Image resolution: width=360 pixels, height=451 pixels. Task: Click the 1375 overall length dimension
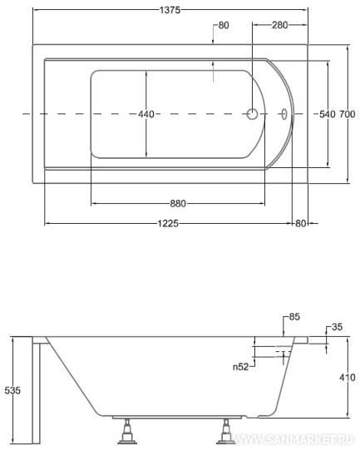(170, 10)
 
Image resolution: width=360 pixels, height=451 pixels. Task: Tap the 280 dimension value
(279, 25)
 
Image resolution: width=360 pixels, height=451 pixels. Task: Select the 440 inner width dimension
(146, 114)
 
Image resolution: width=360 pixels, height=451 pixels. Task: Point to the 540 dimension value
(328, 114)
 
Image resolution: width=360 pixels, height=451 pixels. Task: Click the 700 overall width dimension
(347, 114)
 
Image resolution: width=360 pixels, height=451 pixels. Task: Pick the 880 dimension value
(178, 204)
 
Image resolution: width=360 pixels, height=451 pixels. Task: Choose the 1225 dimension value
(168, 223)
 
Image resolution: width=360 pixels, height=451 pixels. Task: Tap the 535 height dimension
(12, 390)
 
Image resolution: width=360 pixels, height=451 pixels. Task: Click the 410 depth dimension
(347, 377)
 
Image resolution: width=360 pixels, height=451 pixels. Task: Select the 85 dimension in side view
(294, 317)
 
